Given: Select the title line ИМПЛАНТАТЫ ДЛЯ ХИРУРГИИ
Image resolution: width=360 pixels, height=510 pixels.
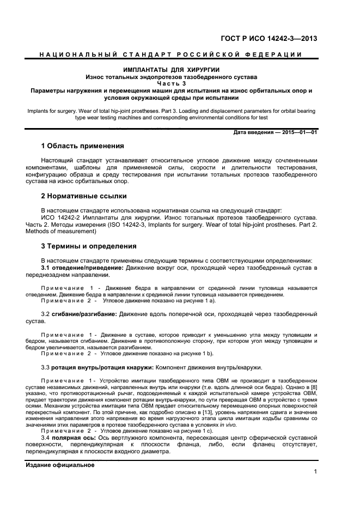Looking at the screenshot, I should click(172, 70).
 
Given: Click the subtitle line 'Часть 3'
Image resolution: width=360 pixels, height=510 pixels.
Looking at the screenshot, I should click(172, 83).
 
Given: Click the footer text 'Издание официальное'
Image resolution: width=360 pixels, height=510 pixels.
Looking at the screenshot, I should click(60, 465).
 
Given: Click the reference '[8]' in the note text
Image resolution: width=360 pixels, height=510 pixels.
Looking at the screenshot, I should click(314, 386).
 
